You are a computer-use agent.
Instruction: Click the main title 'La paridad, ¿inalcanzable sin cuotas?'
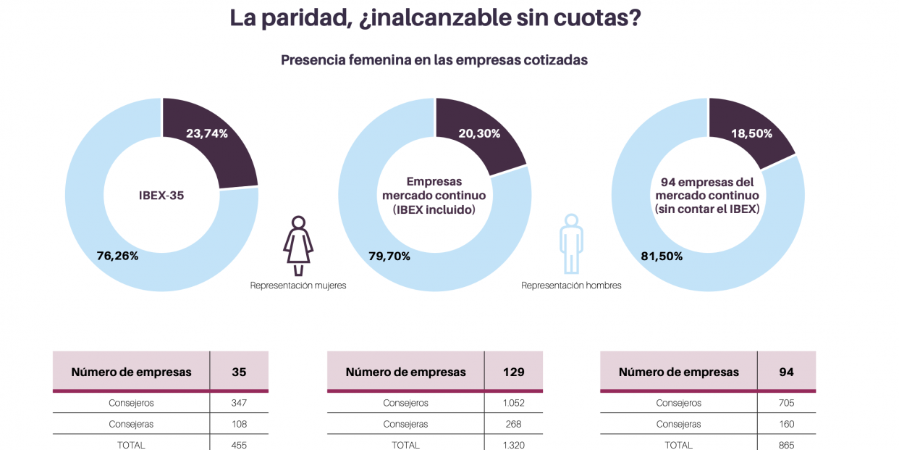[435, 18]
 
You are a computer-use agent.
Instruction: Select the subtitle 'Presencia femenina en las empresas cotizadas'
[434, 60]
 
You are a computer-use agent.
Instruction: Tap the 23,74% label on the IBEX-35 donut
[207, 133]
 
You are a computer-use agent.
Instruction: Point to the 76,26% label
[117, 256]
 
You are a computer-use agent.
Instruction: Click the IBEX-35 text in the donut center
[161, 196]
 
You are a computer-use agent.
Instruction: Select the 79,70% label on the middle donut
[389, 256]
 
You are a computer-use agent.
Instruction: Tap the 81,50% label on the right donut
[662, 256]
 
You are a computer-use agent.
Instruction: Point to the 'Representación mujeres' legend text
[298, 286]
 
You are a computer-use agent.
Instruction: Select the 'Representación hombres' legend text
[571, 286]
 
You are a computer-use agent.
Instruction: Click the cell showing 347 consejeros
[239, 403]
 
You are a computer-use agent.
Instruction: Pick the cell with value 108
[239, 424]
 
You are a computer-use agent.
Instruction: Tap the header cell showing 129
[513, 372]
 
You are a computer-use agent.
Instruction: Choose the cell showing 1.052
[513, 403]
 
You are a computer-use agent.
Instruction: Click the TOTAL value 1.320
[513, 445]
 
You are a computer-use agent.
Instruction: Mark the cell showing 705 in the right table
[786, 403]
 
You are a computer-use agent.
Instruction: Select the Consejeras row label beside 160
[678, 424]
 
